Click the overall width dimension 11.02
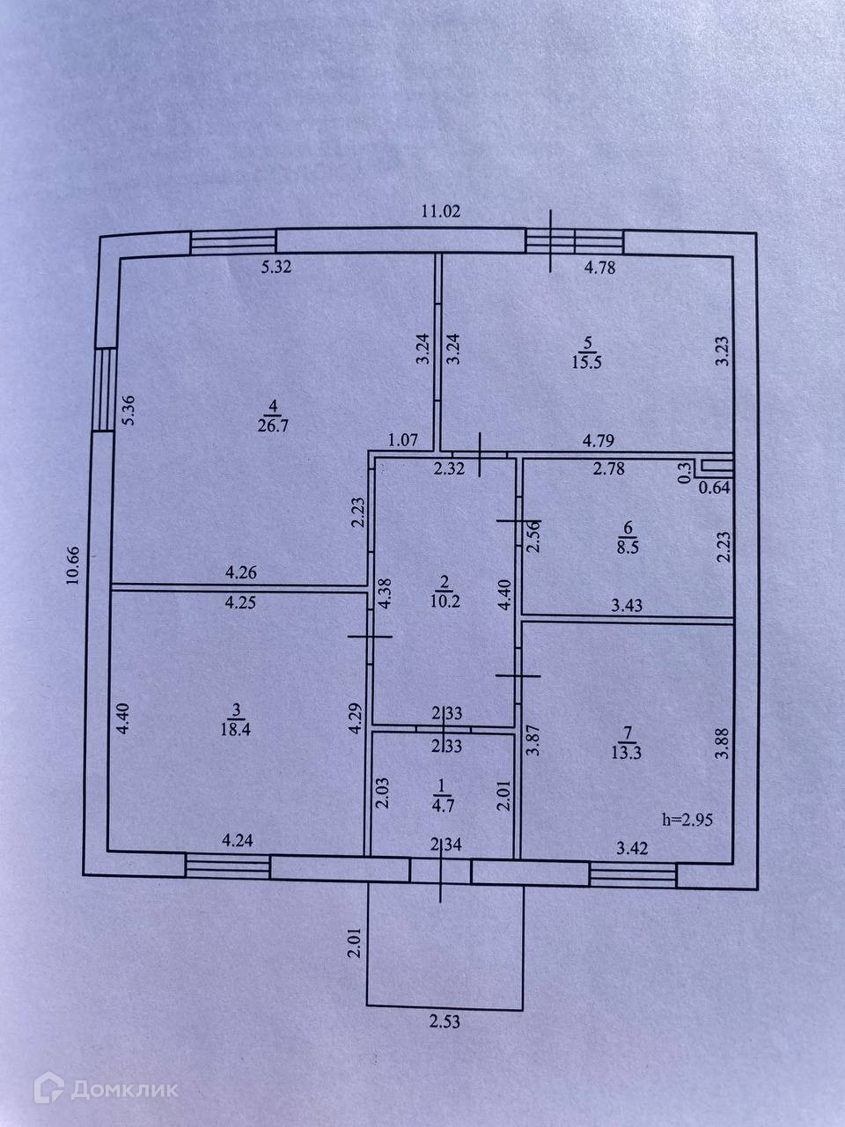[x=441, y=211]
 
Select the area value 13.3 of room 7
[x=627, y=750]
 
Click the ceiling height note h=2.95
[x=687, y=819]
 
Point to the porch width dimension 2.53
[x=445, y=1022]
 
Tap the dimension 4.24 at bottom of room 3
[x=239, y=840]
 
